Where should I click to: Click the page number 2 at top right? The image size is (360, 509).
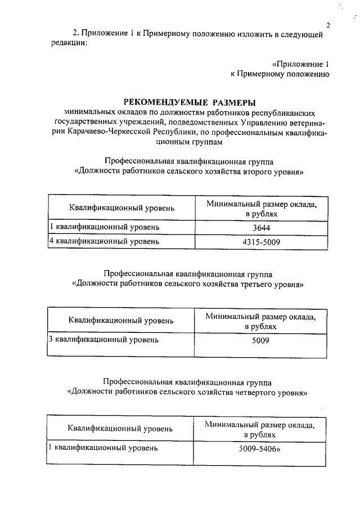click(x=327, y=25)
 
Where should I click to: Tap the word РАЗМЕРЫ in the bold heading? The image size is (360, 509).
click(x=233, y=102)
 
